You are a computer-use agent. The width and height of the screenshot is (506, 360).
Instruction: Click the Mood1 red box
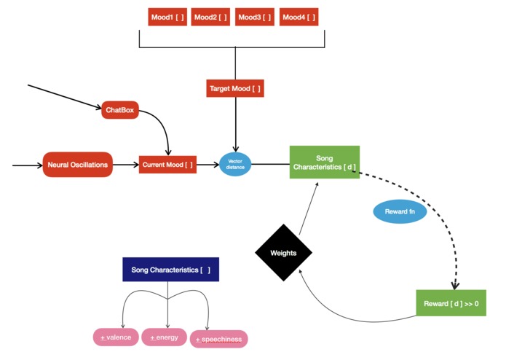pos(167,17)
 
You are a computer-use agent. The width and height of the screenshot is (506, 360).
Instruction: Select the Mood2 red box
pos(210,17)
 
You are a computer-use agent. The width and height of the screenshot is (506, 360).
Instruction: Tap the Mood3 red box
pos(254,17)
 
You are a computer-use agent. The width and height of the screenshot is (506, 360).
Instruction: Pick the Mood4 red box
pos(299,17)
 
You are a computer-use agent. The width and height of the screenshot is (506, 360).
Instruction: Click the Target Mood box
pos(234,89)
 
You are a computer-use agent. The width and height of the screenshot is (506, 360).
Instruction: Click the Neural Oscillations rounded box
pos(78,165)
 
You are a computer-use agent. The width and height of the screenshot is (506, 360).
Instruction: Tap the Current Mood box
pos(168,165)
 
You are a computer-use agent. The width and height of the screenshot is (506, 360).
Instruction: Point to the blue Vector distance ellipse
pos(235,165)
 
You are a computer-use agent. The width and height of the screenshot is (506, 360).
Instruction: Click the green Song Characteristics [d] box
pos(324,162)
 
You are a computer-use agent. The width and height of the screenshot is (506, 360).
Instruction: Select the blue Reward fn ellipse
pos(400,212)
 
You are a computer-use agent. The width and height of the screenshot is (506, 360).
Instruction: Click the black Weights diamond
pos(283,253)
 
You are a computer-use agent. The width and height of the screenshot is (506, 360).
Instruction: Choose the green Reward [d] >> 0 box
pos(450,302)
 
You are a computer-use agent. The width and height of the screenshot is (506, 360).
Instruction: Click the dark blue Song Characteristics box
pos(170,270)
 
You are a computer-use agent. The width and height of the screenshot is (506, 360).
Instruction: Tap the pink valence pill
pos(115,337)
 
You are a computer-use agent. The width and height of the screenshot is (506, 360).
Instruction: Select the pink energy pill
pos(165,337)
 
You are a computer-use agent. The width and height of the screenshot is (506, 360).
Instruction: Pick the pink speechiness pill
pos(218,339)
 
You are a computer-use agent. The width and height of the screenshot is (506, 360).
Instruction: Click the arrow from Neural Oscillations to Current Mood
pos(125,165)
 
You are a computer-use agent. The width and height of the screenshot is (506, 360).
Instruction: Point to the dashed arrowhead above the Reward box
pos(455,285)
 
